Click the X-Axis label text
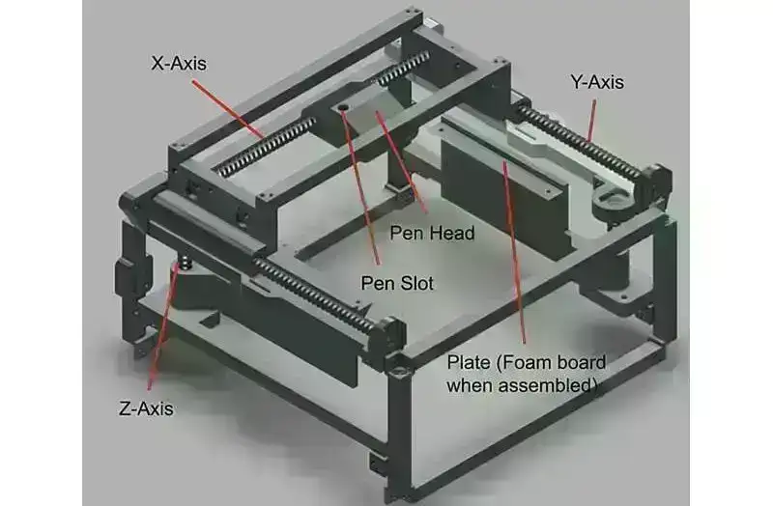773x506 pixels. pyautogui.click(x=179, y=64)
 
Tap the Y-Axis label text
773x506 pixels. pyautogui.click(x=597, y=82)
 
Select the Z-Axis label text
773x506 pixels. pyautogui.click(x=146, y=408)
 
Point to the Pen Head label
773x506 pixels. pyautogui.click(x=432, y=233)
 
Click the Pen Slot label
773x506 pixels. pyautogui.click(x=397, y=283)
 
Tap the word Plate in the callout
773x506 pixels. pyautogui.click(x=469, y=363)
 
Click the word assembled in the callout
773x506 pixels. pyautogui.click(x=546, y=384)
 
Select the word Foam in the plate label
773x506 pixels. pyautogui.click(x=523, y=363)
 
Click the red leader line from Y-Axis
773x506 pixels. pyautogui.click(x=590, y=120)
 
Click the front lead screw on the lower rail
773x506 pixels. pyautogui.click(x=316, y=294)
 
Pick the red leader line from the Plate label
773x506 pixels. pyautogui.click(x=514, y=252)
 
